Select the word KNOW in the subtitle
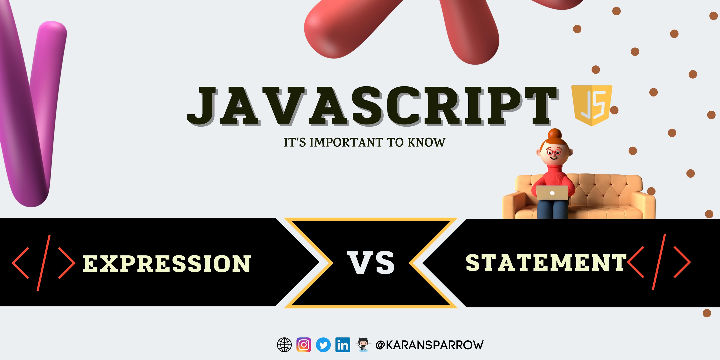point(426,142)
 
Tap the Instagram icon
point(304,345)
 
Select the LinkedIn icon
point(343,345)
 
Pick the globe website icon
point(284,345)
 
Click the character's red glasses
point(553,153)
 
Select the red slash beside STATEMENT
point(659,262)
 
